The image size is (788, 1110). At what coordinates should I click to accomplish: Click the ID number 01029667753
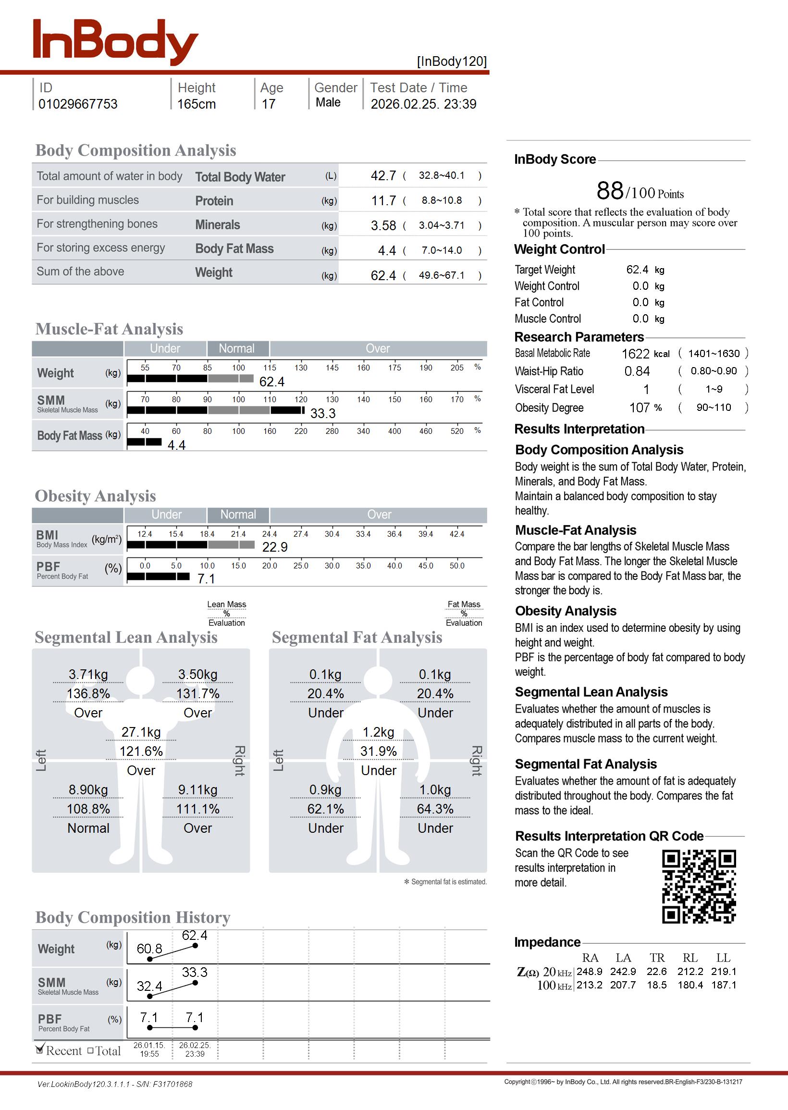[78, 104]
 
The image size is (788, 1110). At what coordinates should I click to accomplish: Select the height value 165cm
[196, 104]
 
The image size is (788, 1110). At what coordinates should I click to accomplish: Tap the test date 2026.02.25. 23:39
[423, 104]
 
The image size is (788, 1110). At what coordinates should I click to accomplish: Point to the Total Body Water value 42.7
[383, 175]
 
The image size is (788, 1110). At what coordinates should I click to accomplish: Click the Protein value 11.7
[383, 200]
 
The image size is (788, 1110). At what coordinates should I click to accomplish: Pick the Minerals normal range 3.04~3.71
[442, 225]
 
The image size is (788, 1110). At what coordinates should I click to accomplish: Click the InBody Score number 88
[610, 191]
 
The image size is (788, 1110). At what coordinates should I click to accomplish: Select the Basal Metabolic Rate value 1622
[635, 354]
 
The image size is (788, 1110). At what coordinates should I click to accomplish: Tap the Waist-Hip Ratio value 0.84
[637, 371]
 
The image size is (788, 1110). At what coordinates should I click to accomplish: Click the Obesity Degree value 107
[639, 407]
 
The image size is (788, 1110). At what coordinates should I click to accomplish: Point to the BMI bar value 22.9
[275, 547]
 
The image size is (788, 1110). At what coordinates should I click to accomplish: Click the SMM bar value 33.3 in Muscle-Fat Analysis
[323, 413]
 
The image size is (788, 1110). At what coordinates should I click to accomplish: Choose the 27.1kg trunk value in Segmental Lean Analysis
[141, 732]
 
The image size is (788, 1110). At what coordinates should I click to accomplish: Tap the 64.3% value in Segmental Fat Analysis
[435, 809]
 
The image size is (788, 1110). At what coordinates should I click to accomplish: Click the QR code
[699, 887]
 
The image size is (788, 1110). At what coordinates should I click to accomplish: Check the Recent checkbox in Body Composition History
[40, 1050]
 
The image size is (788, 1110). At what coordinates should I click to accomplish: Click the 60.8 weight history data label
[149, 949]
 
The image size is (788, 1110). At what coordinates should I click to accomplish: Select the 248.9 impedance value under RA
[589, 971]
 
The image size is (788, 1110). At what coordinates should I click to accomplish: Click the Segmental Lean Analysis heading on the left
[126, 637]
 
